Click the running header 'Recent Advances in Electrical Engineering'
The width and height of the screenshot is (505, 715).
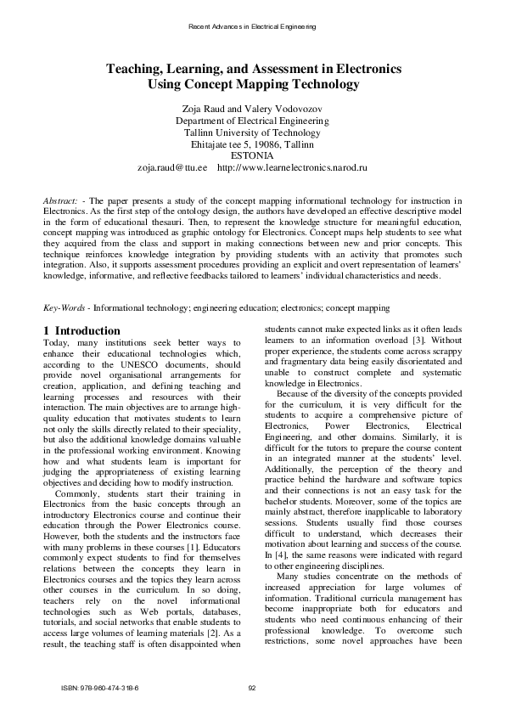pyautogui.click(x=252, y=27)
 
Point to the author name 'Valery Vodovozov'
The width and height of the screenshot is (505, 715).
pyautogui.click(x=283, y=110)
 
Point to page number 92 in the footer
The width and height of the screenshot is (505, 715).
pyautogui.click(x=252, y=687)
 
